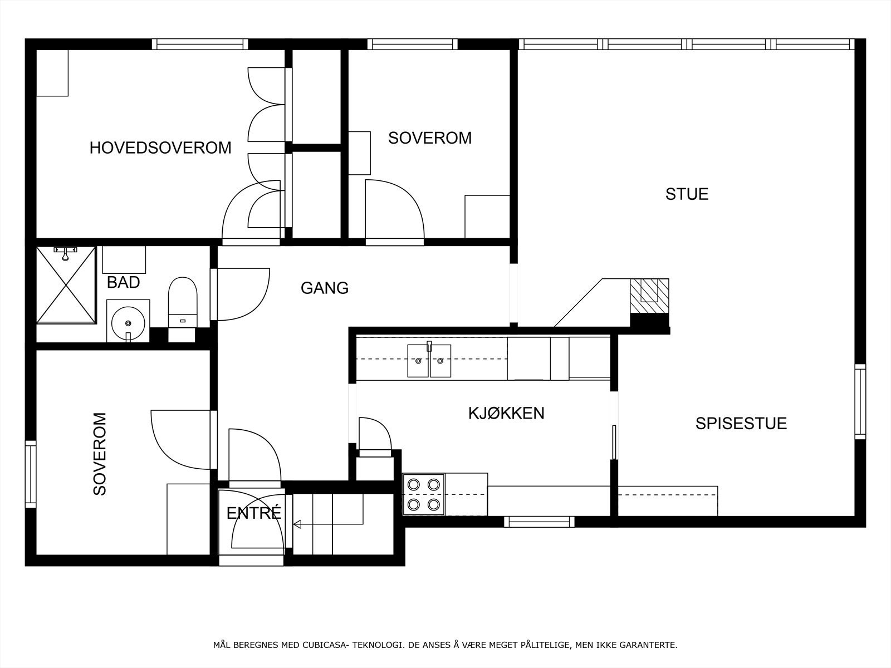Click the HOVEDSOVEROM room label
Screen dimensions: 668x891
(x=160, y=148)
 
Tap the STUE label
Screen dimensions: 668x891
(x=687, y=194)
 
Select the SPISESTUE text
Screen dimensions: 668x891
(x=741, y=423)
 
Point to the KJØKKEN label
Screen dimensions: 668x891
(x=506, y=413)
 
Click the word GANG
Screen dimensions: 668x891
(x=324, y=288)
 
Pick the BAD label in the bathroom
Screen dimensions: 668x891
(x=123, y=282)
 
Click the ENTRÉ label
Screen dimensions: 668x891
(x=253, y=513)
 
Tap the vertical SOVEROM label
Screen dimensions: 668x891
(x=100, y=454)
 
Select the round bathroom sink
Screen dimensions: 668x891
(x=129, y=322)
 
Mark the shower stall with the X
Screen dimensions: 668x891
(x=66, y=285)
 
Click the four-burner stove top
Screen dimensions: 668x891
(x=423, y=494)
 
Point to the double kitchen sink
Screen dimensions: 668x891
(x=429, y=360)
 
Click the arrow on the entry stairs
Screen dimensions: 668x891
(x=297, y=524)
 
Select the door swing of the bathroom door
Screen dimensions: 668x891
(x=242, y=295)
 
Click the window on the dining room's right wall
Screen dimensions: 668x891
(x=860, y=401)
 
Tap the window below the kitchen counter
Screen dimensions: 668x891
(x=539, y=522)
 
